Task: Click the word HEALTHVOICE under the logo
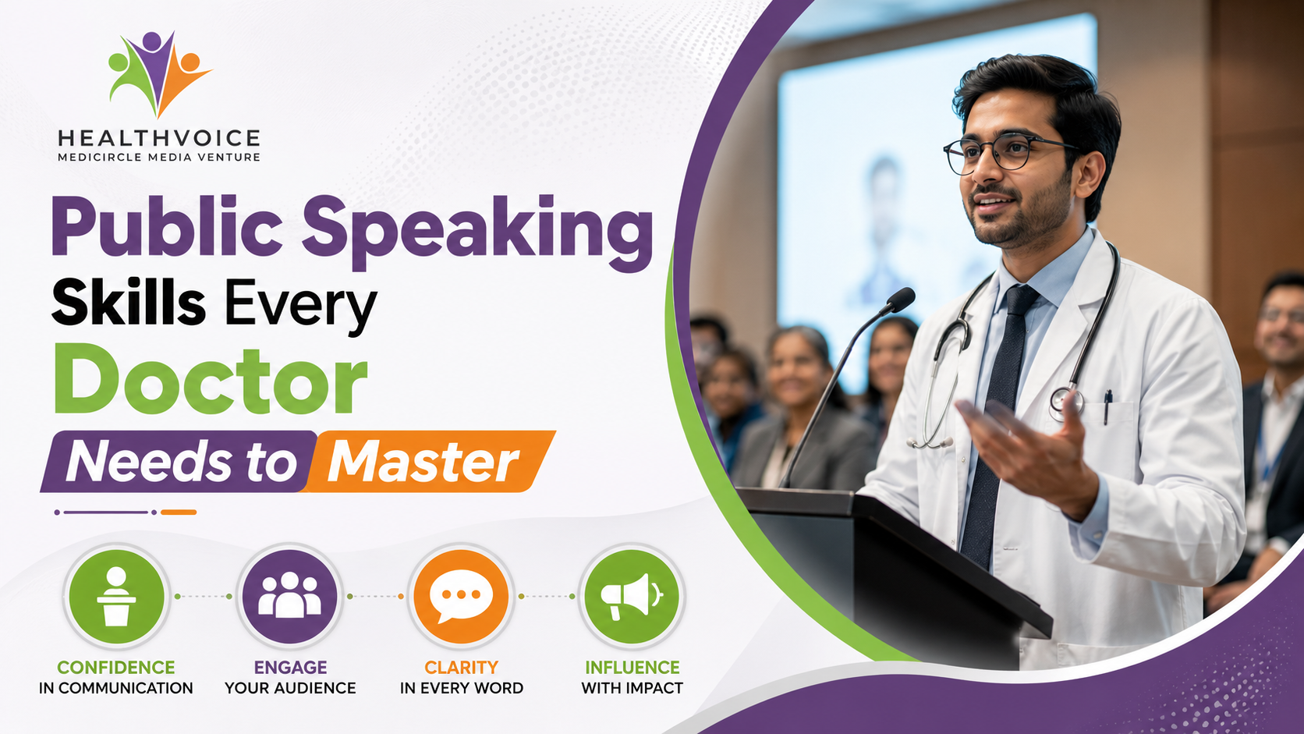[159, 139]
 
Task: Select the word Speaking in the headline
[477, 231]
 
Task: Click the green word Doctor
[210, 380]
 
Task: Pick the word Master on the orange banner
[423, 463]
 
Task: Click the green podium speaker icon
[116, 597]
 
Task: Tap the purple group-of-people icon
[289, 597]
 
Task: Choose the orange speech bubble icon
[461, 597]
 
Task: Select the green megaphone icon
[632, 597]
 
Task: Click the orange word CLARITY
[461, 667]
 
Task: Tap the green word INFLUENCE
[633, 667]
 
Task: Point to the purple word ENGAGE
[290, 667]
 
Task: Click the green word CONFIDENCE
[116, 667]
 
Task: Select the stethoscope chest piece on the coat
[1066, 402]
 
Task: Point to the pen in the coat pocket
[1107, 406]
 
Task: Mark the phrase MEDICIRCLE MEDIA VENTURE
[159, 157]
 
